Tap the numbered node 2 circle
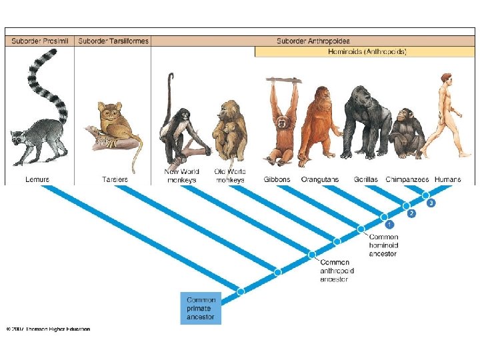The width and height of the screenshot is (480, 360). pos(411,213)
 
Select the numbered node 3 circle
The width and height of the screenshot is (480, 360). pos(431,203)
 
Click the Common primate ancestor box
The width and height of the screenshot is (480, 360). pos(201,309)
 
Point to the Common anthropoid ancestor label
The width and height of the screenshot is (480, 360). pos(337,271)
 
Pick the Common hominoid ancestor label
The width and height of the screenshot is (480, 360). pos(383,245)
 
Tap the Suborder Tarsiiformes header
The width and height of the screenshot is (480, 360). pos(113,41)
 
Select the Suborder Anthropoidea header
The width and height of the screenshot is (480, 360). pos(313,41)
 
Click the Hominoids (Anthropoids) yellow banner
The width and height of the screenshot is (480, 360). pos(367,51)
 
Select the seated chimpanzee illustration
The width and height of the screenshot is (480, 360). pos(407,132)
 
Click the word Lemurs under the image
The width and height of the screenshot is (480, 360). pos(37,179)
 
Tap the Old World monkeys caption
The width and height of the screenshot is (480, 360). pos(230,176)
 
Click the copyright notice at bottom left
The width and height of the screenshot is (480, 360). pos(48,329)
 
